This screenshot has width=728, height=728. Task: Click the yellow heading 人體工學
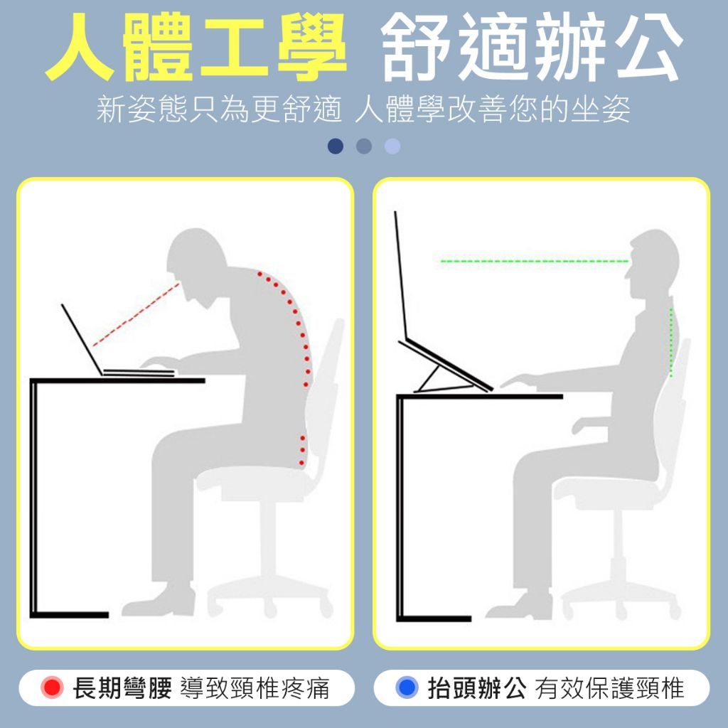coord(196,48)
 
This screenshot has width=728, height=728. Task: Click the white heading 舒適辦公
coord(532,48)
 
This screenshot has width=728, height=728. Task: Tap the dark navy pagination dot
coord(336,146)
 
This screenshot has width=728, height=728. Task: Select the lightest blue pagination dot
coord(392,146)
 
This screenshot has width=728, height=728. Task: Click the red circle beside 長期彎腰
coord(52,687)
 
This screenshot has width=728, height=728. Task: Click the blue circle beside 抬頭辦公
coord(407,687)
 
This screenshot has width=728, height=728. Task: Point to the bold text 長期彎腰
coord(122,688)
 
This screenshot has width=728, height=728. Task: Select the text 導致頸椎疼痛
coord(255,688)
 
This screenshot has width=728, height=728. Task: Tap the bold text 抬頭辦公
coord(477,688)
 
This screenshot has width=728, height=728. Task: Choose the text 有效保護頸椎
coord(609,688)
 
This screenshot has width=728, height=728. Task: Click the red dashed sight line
coord(136,314)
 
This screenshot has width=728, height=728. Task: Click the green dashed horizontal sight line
coord(535,262)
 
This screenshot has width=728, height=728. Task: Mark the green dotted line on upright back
coord(671,343)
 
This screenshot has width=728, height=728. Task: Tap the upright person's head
coord(653,264)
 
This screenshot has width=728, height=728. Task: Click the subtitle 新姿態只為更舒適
coord(219,110)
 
